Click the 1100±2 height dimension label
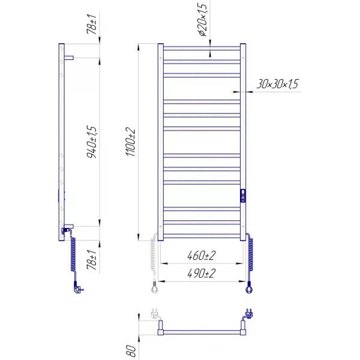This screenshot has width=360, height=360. (x=131, y=142)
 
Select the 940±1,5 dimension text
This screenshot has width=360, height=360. (x=92, y=142)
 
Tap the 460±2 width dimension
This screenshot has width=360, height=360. (x=202, y=256)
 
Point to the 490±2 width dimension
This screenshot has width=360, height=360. (x=202, y=273)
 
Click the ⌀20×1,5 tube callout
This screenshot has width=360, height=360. (x=203, y=20)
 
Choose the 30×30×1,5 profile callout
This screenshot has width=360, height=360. (x=277, y=84)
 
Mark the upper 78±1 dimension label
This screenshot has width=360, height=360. (x=91, y=24)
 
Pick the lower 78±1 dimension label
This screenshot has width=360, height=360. (x=91, y=260)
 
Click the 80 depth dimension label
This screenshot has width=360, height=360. (x=131, y=350)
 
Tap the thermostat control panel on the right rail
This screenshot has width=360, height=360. (x=243, y=196)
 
